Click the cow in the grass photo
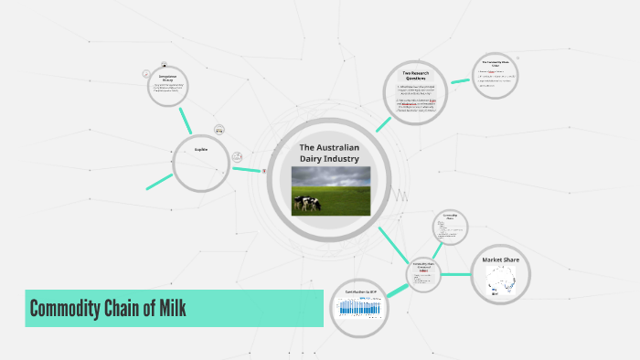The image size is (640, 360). [x=309, y=203]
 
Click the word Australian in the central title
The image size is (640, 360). [x=343, y=147]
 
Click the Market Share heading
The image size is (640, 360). [x=500, y=260]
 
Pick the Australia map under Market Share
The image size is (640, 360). [x=500, y=280]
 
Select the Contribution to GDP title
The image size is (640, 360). [x=359, y=291]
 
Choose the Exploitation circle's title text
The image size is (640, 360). [x=201, y=149]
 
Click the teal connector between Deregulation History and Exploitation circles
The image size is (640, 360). [x=187, y=119]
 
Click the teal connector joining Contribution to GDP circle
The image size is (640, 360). [x=398, y=288]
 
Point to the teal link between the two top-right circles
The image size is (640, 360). [x=460, y=83]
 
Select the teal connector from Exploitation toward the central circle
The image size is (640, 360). [x=247, y=169]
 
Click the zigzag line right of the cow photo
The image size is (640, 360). [x=400, y=195]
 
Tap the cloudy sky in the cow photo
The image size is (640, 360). [x=331, y=176]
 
